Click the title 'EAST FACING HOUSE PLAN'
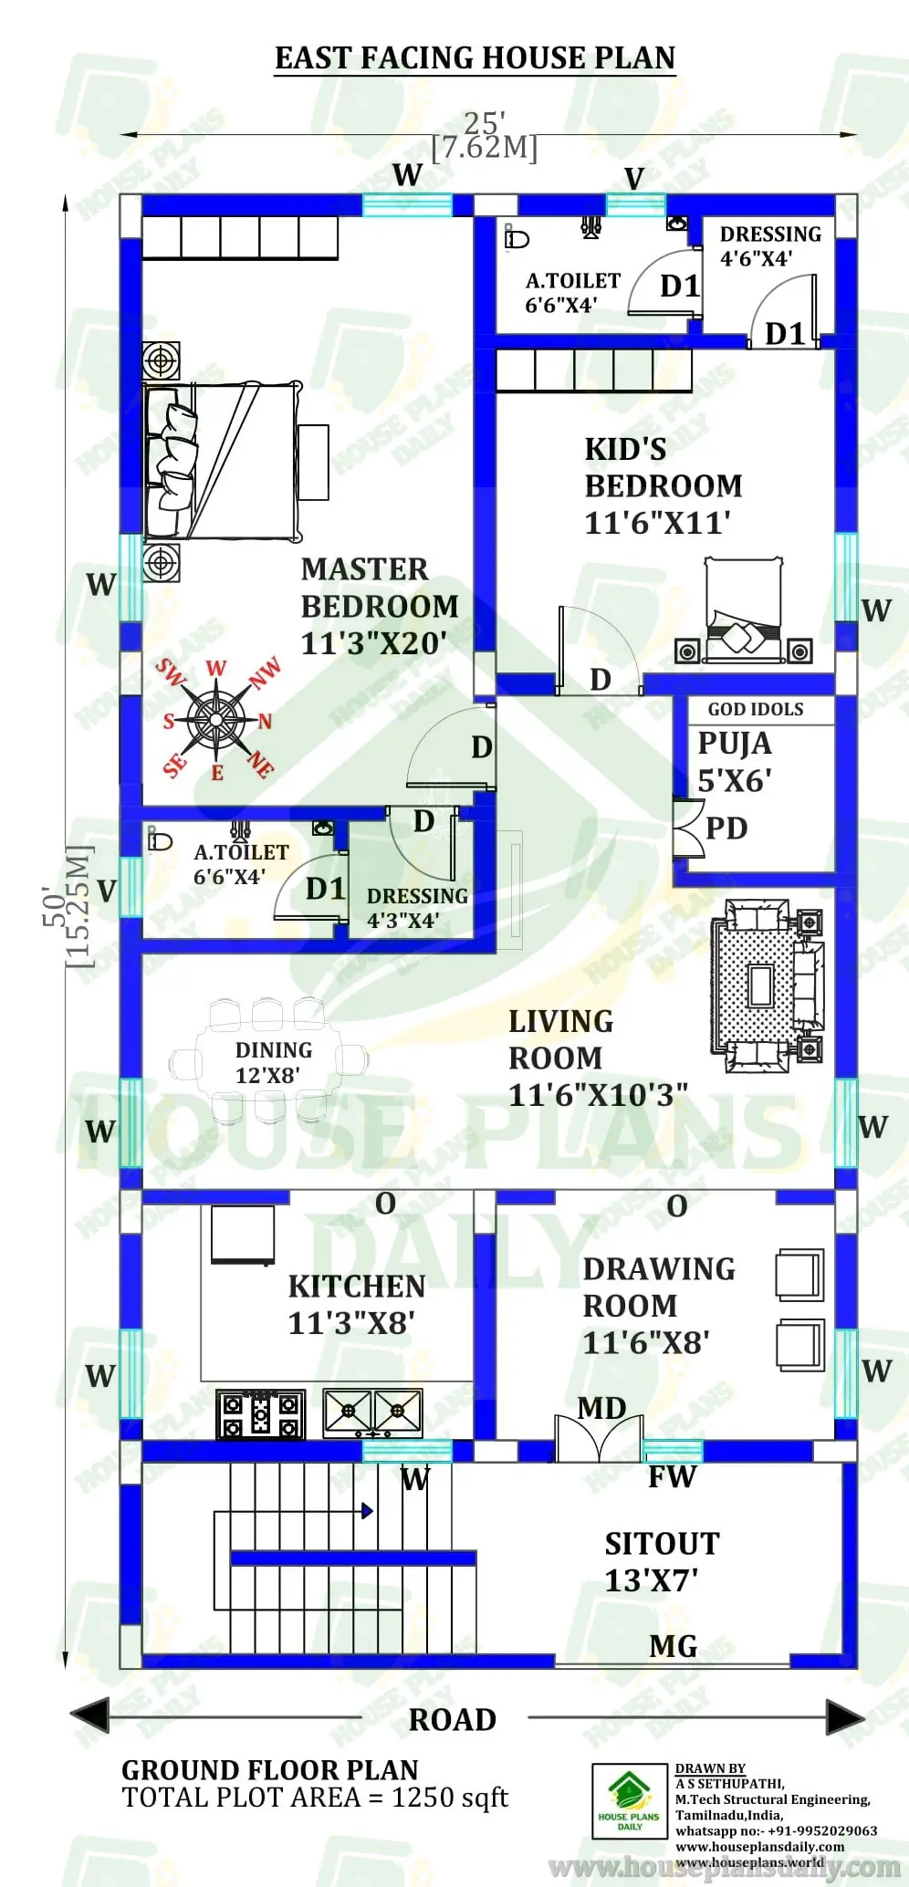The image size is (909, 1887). (x=475, y=57)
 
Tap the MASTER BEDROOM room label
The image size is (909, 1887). (x=379, y=606)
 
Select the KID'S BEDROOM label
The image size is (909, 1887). (x=663, y=485)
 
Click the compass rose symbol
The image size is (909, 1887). (x=216, y=719)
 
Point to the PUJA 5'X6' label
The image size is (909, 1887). (x=735, y=762)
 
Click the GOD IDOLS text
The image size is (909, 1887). (x=756, y=709)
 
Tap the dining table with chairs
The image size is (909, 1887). (x=268, y=1061)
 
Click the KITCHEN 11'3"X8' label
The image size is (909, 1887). (x=356, y=1304)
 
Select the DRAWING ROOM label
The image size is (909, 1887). (x=658, y=1305)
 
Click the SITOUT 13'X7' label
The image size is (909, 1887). (x=662, y=1561)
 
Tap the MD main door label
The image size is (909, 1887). (x=601, y=1408)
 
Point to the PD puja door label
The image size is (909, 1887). (x=726, y=828)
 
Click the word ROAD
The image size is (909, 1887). (x=453, y=1719)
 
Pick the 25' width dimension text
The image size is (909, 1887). (x=485, y=123)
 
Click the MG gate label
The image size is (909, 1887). (x=674, y=1646)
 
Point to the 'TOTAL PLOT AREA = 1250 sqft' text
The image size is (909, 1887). (x=315, y=1798)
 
